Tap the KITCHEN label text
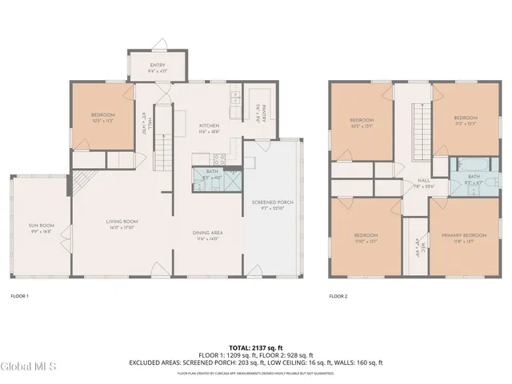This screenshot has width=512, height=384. click(209, 126)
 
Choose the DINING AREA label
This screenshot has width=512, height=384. click(206, 233)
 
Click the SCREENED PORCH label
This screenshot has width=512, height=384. click(272, 202)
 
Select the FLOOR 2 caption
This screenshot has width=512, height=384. click(338, 296)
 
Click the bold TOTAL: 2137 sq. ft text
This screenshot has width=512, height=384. click(255, 346)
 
